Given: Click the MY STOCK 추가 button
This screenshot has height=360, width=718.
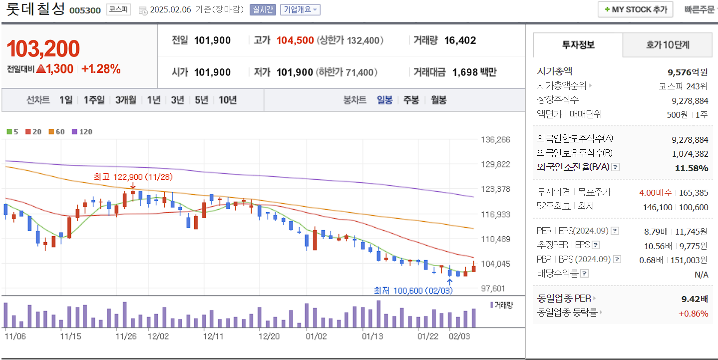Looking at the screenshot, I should click(x=635, y=9).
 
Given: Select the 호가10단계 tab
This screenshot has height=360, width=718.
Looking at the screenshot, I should click(x=667, y=45).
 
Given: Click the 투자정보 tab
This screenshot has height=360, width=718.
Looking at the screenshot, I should click(x=578, y=45).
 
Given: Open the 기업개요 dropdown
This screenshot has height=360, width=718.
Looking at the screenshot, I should click(x=300, y=9).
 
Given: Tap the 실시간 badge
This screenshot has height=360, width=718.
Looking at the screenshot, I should click(x=263, y=9).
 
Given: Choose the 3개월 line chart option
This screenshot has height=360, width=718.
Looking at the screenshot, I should click(x=125, y=100).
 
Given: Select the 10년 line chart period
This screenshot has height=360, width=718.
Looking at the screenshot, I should click(x=227, y=100).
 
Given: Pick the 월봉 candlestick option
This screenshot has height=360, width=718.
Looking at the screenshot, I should click(x=438, y=100).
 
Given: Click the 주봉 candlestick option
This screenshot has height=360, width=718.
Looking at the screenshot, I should click(x=411, y=100).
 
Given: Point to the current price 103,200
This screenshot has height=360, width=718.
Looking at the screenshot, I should click(x=43, y=49).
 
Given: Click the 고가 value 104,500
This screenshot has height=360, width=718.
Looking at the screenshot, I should click(x=295, y=40).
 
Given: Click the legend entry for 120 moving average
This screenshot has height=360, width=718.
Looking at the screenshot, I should click(x=82, y=132).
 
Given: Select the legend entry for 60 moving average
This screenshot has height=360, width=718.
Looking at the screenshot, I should click(x=56, y=132).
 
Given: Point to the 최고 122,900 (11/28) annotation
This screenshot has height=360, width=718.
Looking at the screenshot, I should click(x=133, y=177).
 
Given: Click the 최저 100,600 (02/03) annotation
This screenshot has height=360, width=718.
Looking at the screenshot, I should click(x=413, y=290).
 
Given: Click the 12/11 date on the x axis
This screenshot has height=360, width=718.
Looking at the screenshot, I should click(x=213, y=336).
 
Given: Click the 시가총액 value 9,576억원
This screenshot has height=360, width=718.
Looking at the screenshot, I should click(x=688, y=71).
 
